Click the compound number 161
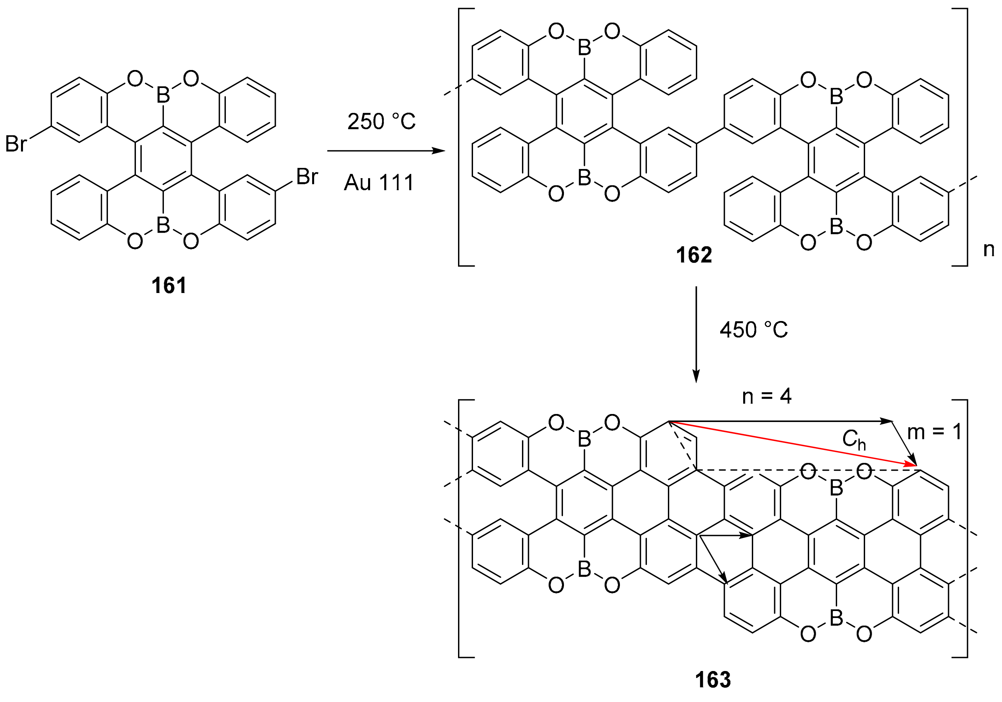coord(169,286)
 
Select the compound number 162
coord(694,255)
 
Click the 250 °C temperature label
coord(381,121)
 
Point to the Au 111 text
coord(379,182)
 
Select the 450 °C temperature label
coord(754,330)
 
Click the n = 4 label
coord(767,396)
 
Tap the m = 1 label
coord(934,432)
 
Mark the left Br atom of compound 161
coord(16,144)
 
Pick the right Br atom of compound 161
coord(307,177)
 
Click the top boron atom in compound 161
coord(163,95)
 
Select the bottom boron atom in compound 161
coord(163,225)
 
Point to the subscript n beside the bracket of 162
coord(988,249)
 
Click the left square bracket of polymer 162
coord(460,137)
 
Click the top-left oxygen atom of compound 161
coord(135,79)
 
